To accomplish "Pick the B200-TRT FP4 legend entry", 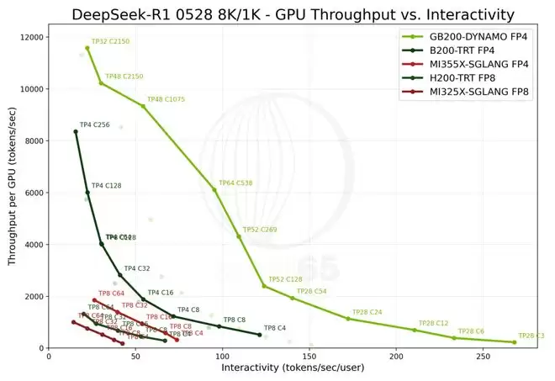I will coord(462,50).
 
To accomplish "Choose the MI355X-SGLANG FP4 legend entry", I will coord(477,64).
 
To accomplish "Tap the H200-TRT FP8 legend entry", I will coord(462,77).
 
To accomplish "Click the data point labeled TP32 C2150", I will coord(87,48).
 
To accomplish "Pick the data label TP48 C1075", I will coord(166,100).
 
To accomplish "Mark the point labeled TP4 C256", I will coord(76,132).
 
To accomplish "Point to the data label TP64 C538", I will coord(235,183).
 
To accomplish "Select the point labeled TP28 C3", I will coord(514,342).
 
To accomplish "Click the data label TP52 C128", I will coord(285,279).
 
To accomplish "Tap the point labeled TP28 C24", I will coord(348,318).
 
